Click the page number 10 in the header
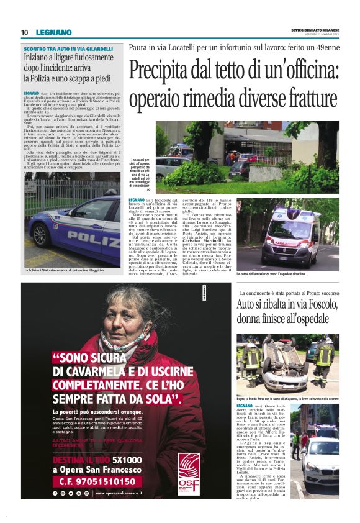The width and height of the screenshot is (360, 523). coord(24,32)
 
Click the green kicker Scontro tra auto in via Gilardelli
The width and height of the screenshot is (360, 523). coord(68,48)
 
